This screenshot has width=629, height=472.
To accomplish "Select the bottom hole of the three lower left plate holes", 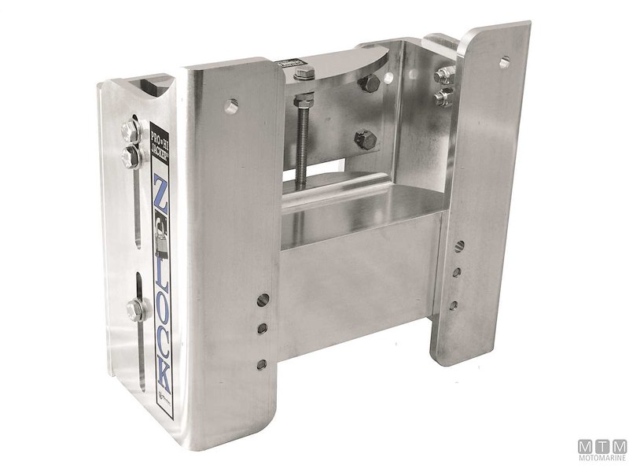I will (260, 363).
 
